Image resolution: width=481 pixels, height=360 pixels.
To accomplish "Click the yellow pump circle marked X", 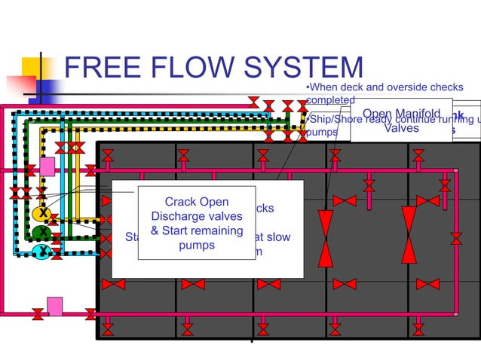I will (x=44, y=214).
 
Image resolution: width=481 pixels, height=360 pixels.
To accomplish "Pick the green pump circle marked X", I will (x=44, y=233).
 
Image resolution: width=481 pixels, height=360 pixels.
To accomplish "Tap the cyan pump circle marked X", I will (x=44, y=252).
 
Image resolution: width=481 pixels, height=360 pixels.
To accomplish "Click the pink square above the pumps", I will (x=47, y=166).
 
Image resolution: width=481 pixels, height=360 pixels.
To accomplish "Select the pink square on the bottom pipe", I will (x=54, y=305).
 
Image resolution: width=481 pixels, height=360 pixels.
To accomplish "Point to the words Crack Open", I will (x=196, y=202).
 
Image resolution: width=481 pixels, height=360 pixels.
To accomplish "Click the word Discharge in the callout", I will (x=178, y=216).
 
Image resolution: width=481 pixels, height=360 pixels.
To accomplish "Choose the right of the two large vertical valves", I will (x=409, y=235).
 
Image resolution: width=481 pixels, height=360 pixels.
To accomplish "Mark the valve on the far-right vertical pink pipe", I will (x=456, y=239).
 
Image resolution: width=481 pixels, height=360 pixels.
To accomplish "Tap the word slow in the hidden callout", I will (x=276, y=237).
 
